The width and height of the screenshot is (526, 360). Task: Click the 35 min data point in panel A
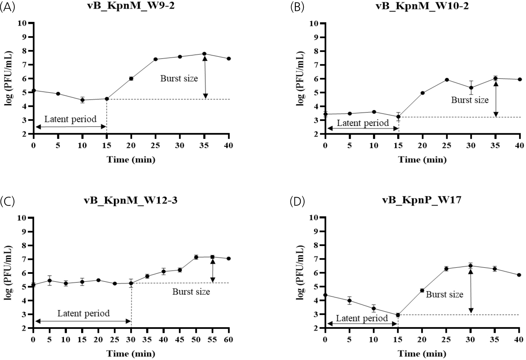click(204, 54)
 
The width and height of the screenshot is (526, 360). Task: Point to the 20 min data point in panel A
click(131, 79)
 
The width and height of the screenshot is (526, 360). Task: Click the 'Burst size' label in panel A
click(179, 79)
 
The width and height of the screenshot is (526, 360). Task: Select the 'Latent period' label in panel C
click(83, 313)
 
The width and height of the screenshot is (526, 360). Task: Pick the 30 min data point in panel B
click(471, 88)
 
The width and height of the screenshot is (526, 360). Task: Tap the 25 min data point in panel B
click(447, 80)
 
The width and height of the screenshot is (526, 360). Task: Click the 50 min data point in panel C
click(196, 257)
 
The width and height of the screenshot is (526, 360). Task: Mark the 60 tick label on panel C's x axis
click(229, 339)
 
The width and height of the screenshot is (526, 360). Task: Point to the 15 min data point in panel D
click(398, 315)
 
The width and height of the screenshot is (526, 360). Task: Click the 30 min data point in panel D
click(470, 266)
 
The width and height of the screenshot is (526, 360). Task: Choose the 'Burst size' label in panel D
click(445, 294)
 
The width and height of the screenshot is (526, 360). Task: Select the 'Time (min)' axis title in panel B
click(422, 159)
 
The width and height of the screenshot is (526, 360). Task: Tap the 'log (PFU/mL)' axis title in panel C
click(8, 273)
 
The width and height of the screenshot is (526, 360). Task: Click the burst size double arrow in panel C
click(213, 271)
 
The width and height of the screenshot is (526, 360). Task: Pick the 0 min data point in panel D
click(325, 295)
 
